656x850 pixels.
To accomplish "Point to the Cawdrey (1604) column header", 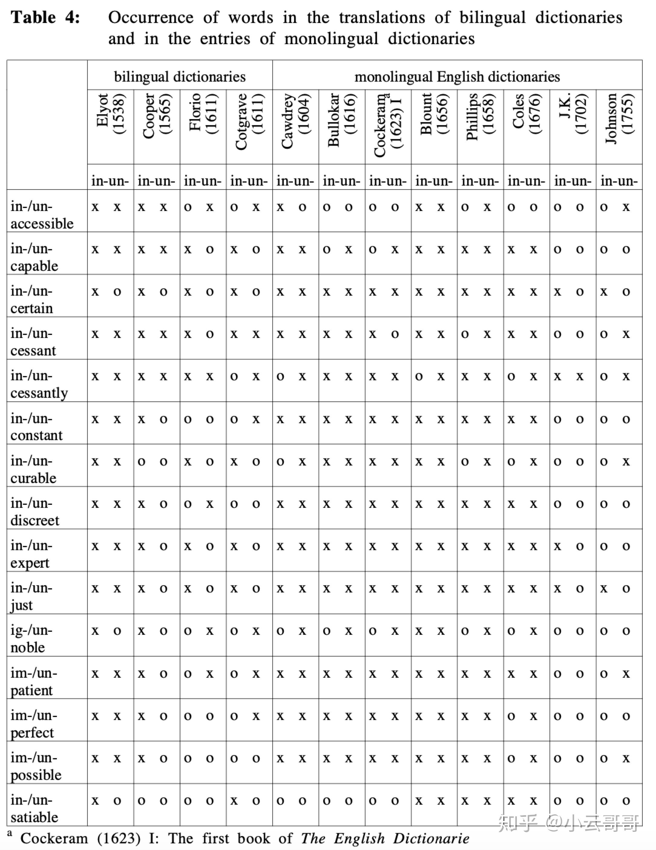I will [295, 121].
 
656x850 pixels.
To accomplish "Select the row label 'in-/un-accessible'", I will [42, 215].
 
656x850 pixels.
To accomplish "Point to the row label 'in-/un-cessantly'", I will [39, 384].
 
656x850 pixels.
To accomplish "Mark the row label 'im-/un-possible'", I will [36, 766].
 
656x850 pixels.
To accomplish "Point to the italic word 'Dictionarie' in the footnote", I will [431, 838].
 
